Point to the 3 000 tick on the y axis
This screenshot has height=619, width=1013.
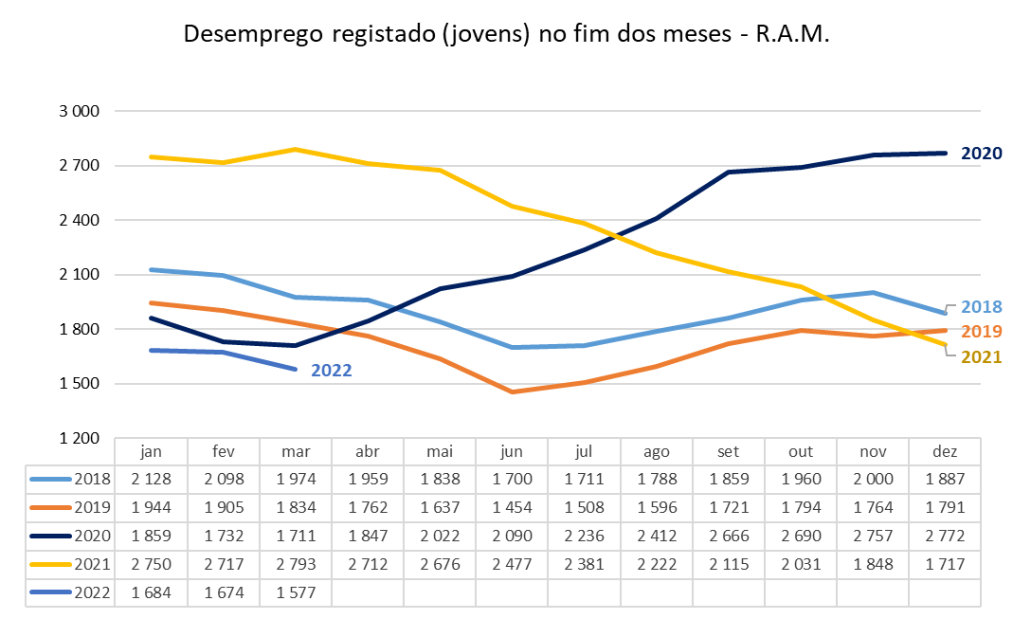(80, 111)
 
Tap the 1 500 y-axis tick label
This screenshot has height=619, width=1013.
(80, 384)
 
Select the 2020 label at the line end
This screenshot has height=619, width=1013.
(981, 154)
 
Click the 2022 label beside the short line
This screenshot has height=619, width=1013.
(331, 371)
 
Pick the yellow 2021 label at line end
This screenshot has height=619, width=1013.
(981, 357)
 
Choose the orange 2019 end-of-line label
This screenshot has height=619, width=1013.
(981, 332)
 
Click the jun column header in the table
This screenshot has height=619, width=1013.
(512, 451)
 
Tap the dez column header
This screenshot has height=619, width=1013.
(945, 451)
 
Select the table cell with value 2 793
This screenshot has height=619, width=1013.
(295, 565)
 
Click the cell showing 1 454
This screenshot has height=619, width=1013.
(512, 508)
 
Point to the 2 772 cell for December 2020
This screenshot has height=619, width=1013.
(945, 537)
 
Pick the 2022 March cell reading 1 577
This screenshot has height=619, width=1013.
(295, 593)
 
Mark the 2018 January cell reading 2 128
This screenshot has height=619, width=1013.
(151, 480)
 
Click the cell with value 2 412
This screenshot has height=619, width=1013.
(657, 537)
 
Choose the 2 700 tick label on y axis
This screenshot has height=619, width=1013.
(80, 166)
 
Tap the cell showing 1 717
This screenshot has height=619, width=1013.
(945, 565)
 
